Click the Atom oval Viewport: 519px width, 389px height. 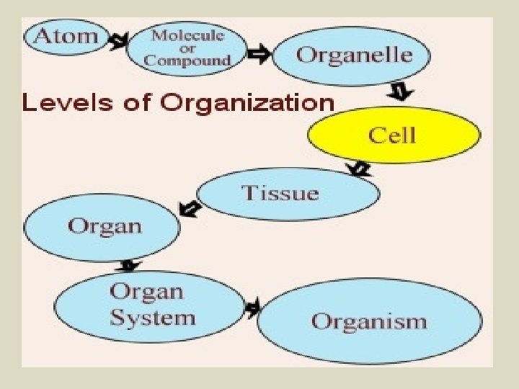tap(66, 37)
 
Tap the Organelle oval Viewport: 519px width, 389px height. tap(352, 55)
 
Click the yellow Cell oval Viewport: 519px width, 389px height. tap(393, 135)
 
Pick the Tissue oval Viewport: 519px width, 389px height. tap(287, 193)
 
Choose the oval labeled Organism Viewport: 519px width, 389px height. tap(369, 321)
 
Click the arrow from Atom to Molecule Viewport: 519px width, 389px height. tap(117, 41)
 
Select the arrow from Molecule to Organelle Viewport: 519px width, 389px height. tap(259, 53)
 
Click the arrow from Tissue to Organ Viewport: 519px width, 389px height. tap(190, 208)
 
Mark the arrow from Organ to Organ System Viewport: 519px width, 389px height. tap(128, 266)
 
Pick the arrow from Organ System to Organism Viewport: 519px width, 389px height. tap(252, 308)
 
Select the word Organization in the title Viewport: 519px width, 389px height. tap(247, 104)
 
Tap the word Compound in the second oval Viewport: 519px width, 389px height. tap(187, 60)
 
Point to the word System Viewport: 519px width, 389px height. tap(152, 318)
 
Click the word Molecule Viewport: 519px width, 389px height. tap(187, 35)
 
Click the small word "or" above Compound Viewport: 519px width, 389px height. tap(187, 48)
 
